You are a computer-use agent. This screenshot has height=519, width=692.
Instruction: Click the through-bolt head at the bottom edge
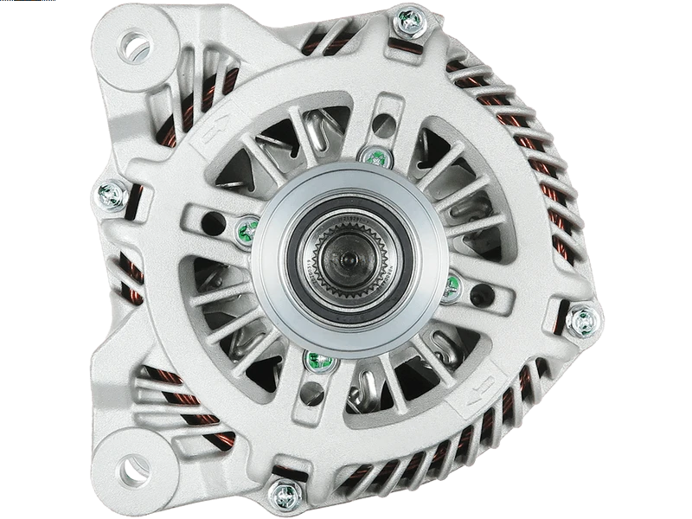point(283,494)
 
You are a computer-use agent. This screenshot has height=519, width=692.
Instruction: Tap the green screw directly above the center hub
point(373,157)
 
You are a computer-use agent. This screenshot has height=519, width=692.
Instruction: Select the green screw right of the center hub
point(450,289)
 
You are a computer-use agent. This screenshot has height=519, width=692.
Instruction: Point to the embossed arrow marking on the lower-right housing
point(484,386)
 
